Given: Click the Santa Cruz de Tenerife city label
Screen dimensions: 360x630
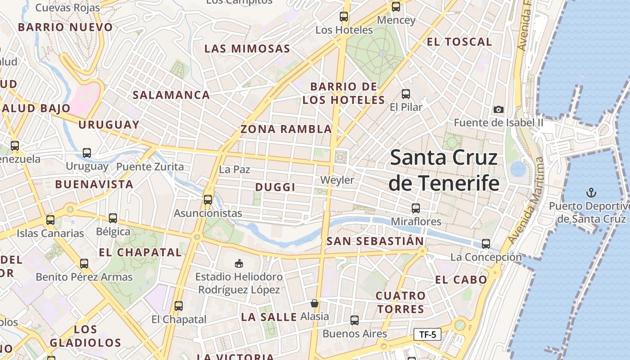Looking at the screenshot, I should click(444, 171).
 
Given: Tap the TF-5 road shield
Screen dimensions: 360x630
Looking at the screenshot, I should click(427, 334).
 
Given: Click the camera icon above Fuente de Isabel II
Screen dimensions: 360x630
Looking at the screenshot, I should click(498, 109).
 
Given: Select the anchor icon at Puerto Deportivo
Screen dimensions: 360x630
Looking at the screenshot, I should click(591, 193).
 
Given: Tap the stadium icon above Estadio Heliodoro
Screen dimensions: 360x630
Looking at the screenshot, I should click(239, 263).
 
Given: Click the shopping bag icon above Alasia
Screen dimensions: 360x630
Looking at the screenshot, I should click(315, 304).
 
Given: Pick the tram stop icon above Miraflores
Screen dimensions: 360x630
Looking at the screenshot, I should click(416, 208).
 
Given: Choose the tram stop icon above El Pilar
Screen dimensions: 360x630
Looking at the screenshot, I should click(406, 94).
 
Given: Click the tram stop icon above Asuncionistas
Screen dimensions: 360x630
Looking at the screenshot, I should click(207, 199).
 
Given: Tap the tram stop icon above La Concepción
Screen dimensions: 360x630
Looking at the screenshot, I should click(486, 244).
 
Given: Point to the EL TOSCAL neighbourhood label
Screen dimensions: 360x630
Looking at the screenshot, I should click(459, 42).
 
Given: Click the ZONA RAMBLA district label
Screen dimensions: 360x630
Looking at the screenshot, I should click(286, 129).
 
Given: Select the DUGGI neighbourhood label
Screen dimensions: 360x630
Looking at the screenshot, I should click(275, 187).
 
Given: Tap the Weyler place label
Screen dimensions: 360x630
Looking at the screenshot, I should click(337, 180).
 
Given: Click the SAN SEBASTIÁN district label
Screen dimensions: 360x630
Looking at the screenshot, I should click(375, 241).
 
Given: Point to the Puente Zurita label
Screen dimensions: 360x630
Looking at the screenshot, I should click(150, 167).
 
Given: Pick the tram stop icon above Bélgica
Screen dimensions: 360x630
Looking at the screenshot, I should click(113, 218).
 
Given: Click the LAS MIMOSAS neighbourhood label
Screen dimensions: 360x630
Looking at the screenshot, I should click(247, 49).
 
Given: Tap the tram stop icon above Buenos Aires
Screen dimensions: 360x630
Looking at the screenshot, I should click(355, 320).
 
